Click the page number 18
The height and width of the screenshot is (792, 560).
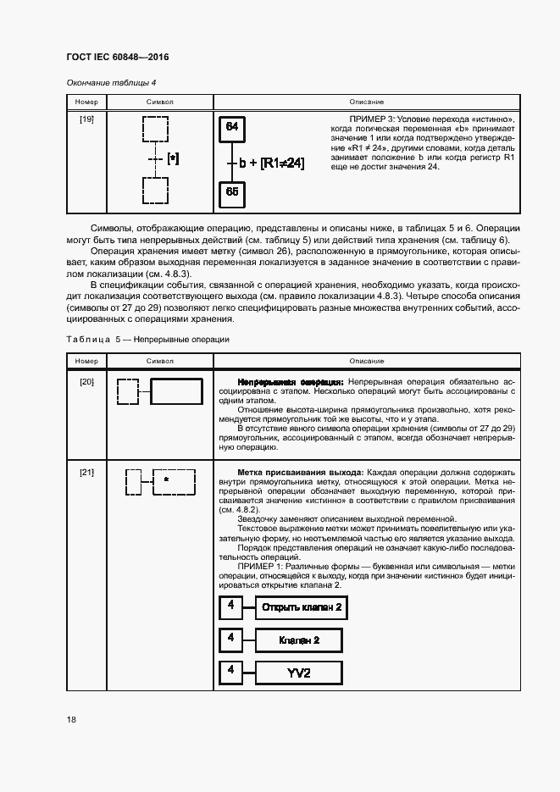71,719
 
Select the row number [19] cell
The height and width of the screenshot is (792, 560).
86,119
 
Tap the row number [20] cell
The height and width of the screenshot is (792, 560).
86,382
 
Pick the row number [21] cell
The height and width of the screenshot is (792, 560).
86,471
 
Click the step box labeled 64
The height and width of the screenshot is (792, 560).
232,129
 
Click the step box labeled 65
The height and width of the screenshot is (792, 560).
232,192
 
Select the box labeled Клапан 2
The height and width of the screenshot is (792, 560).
299,640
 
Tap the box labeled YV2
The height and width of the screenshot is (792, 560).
299,673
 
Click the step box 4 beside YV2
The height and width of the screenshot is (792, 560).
230,672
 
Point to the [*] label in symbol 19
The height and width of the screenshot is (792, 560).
173,158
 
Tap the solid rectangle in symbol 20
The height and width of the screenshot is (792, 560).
176,392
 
